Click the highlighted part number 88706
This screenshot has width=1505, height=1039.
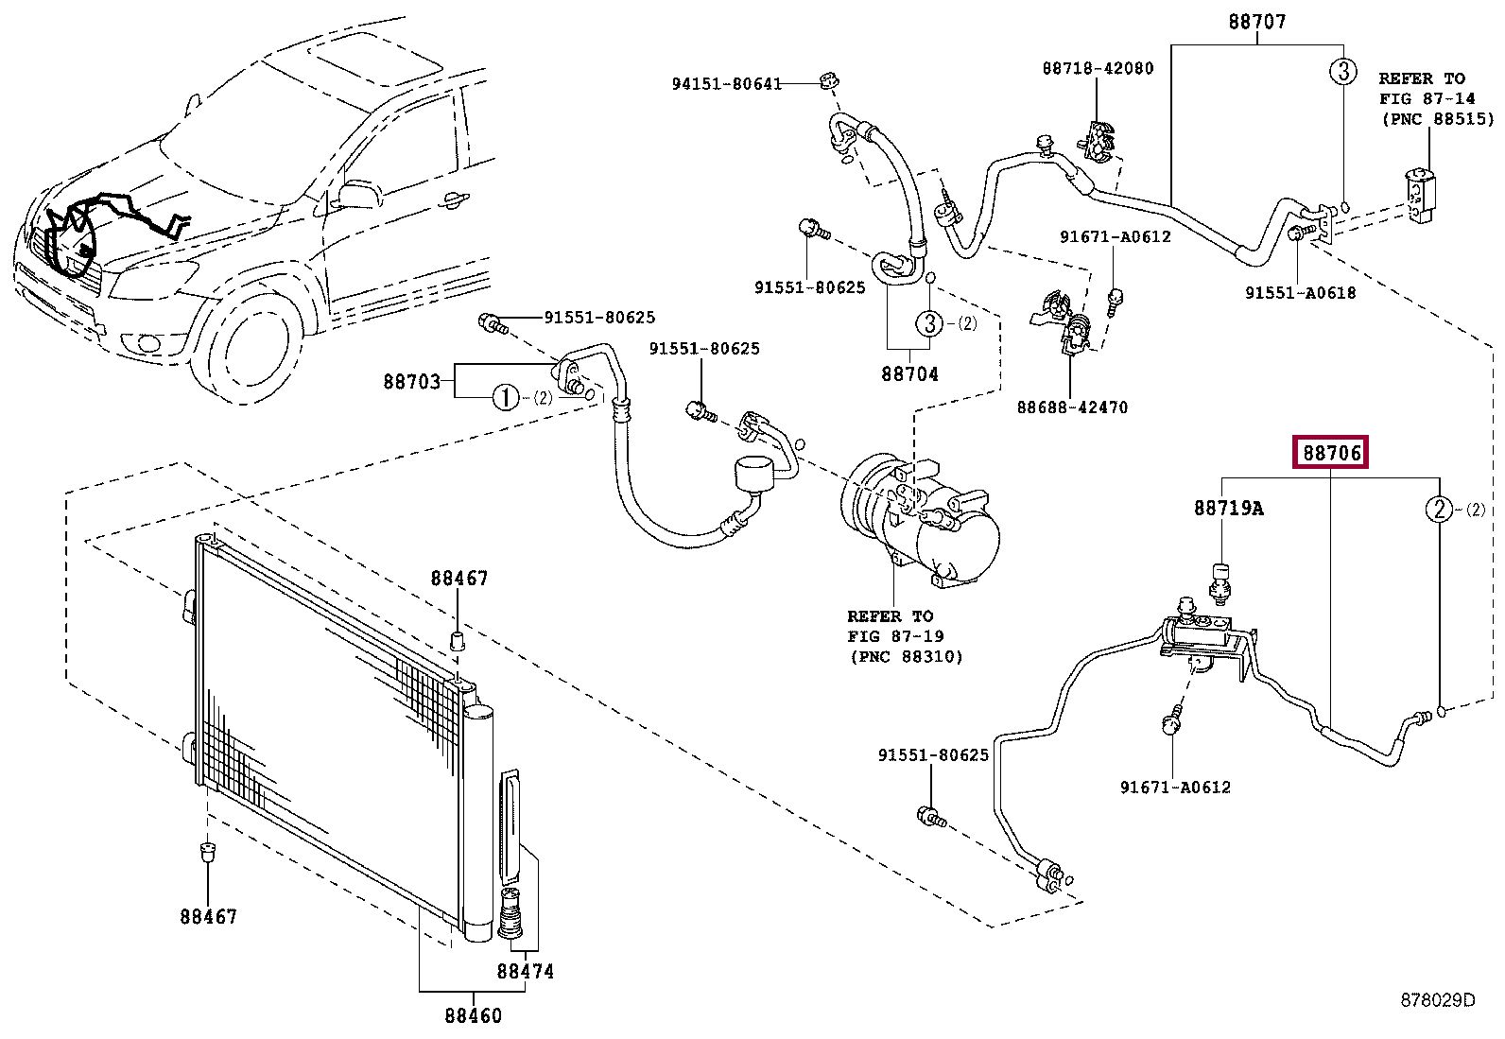(x=1331, y=453)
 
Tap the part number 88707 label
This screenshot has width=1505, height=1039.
(x=1257, y=22)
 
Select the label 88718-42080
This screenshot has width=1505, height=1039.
(x=1098, y=68)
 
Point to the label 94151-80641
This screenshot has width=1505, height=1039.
(x=727, y=84)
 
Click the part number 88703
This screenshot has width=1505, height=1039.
(x=412, y=382)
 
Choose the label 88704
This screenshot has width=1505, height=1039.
(x=909, y=373)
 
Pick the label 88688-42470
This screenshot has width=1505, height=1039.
(x=1072, y=407)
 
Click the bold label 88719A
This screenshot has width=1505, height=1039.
(x=1228, y=508)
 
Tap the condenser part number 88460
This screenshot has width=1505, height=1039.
(x=473, y=1015)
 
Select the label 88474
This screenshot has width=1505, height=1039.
(x=526, y=971)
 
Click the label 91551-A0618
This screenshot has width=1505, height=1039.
(x=1300, y=293)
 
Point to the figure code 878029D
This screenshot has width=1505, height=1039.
(x=1438, y=1000)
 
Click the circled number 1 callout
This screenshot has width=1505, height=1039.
(x=506, y=397)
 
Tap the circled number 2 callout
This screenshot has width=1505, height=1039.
(x=1439, y=509)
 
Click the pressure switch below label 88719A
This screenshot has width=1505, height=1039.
(x=1220, y=582)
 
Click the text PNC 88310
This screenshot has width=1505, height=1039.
(x=906, y=657)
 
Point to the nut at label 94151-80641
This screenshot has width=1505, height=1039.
(x=830, y=80)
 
